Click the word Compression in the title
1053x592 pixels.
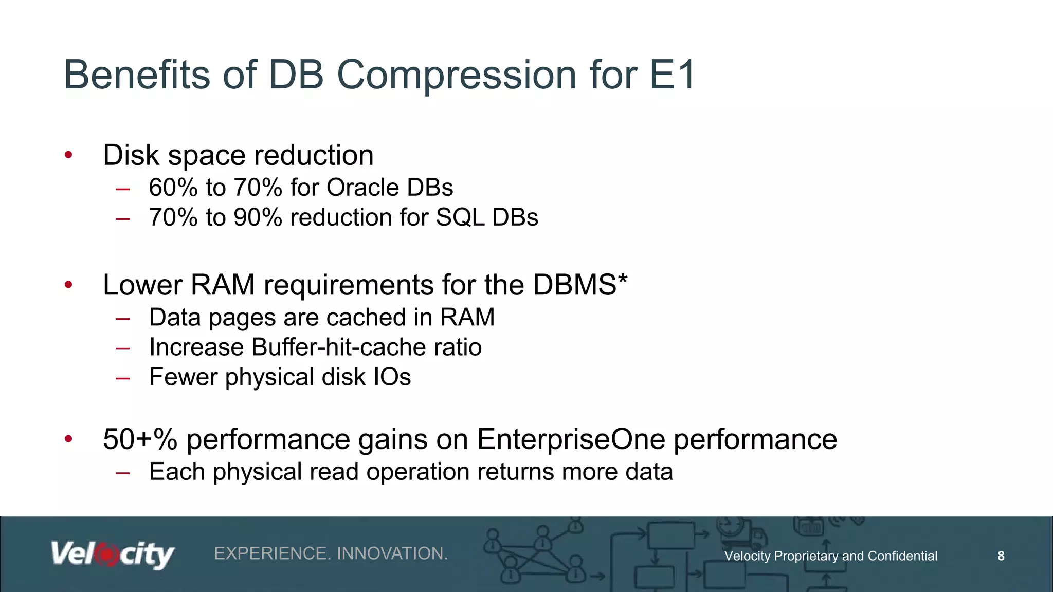pos(457,75)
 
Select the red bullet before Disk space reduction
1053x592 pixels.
pos(68,155)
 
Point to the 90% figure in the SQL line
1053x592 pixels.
pos(258,217)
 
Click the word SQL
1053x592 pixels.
pos(460,217)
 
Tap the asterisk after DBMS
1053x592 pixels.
pos(623,280)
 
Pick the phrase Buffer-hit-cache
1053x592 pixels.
pos(339,347)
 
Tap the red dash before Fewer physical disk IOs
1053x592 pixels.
pos(122,378)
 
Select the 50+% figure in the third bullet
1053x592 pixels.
pos(140,439)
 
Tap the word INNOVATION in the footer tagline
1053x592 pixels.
pos(392,553)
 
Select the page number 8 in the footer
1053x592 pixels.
pos(1001,556)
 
